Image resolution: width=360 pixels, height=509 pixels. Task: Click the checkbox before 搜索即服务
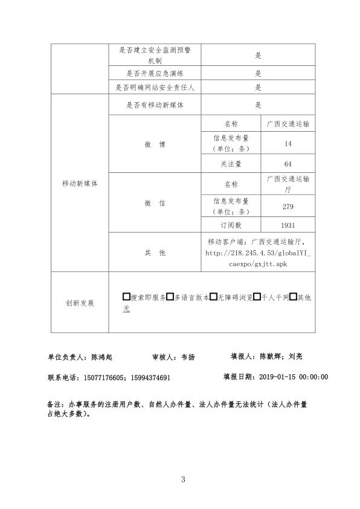(126, 297)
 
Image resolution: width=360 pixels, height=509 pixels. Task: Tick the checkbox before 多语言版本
(170, 297)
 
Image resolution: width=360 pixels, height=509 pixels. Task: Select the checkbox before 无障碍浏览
(213, 297)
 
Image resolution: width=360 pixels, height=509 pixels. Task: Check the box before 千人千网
(257, 297)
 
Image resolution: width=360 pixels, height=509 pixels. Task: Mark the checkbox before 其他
(293, 297)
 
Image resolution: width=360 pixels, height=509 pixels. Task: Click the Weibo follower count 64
(288, 164)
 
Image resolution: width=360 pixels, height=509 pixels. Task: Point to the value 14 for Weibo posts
(288, 144)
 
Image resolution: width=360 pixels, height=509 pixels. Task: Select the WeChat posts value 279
(288, 207)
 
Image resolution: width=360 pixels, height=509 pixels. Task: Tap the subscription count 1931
(288, 225)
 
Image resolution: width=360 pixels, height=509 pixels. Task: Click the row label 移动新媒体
(79, 183)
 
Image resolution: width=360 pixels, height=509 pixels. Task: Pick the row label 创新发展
(79, 303)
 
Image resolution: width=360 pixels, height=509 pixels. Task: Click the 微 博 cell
(155, 144)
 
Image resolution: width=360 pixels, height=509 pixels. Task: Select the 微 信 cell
(155, 204)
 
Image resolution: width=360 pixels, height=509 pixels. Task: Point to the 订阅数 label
(231, 225)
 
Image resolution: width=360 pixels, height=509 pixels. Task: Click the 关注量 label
(231, 164)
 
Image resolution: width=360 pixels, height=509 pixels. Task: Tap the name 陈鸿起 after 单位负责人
(102, 357)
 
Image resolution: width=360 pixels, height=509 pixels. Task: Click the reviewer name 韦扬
(188, 357)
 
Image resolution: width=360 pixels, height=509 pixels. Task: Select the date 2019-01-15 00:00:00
(294, 377)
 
